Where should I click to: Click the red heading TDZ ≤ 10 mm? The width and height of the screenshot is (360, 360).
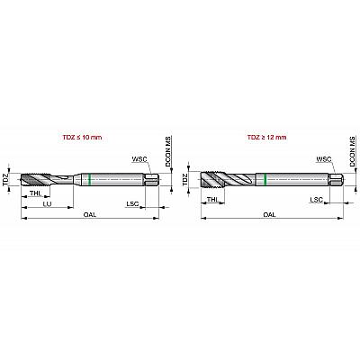point(82,138)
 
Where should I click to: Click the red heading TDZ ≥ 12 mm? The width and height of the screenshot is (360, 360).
point(266,138)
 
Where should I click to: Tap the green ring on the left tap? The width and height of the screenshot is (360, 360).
point(90,179)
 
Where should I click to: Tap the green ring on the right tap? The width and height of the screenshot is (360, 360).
point(265,179)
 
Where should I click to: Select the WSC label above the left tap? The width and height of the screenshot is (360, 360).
point(139,158)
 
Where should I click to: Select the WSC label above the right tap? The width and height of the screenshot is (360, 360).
point(324,158)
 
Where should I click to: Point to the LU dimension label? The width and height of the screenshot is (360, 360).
point(47,204)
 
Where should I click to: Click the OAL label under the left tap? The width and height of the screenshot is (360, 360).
point(90,215)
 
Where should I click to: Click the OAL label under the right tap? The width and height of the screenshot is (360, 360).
point(269,215)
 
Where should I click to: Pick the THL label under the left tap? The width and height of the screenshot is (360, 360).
point(35,193)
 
